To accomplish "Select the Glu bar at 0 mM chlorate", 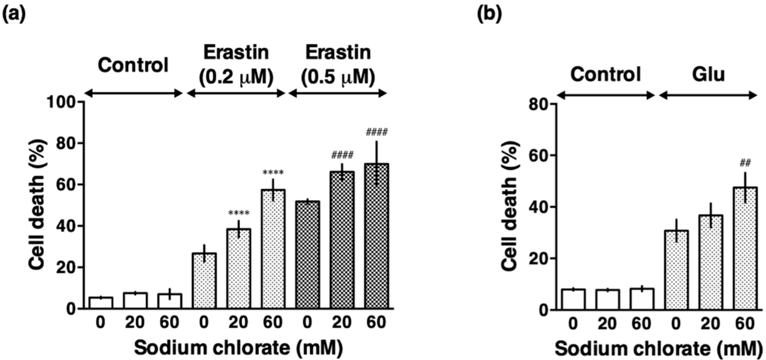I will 676,270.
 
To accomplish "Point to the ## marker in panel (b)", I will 745,163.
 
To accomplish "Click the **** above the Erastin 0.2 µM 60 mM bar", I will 273,172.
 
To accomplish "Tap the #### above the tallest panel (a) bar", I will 376,132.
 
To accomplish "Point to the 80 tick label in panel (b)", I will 538,105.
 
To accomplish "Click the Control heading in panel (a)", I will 133,65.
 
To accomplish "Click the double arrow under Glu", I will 708,95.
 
